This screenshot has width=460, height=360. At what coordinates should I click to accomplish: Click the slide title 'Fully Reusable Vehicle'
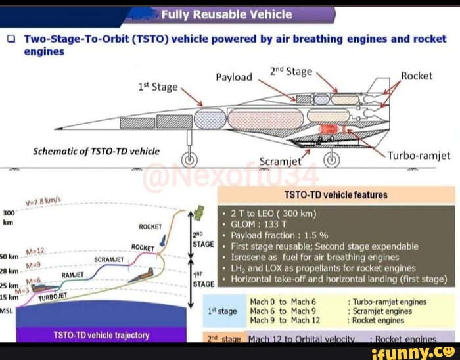[x=227, y=14]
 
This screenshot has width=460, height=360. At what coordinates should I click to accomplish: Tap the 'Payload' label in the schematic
[x=234, y=78]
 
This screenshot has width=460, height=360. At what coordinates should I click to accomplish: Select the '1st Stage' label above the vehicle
[x=158, y=87]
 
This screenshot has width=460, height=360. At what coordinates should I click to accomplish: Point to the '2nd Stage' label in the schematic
[x=290, y=71]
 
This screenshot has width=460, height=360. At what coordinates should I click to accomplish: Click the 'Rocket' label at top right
[x=417, y=76]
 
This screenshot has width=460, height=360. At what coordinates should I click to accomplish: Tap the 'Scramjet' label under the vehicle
[x=281, y=162]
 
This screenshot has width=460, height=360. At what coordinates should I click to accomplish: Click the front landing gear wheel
[x=190, y=158]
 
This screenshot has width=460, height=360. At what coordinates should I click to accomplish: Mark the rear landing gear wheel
[x=334, y=158]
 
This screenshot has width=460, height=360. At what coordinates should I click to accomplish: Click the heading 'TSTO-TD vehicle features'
[x=335, y=194]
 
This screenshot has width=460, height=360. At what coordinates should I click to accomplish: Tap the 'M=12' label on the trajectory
[x=35, y=251]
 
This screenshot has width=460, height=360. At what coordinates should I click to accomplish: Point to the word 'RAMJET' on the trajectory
[x=73, y=274]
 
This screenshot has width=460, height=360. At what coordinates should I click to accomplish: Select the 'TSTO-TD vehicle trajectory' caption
[x=101, y=335]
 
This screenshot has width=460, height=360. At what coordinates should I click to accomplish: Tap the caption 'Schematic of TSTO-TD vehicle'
[x=97, y=151]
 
